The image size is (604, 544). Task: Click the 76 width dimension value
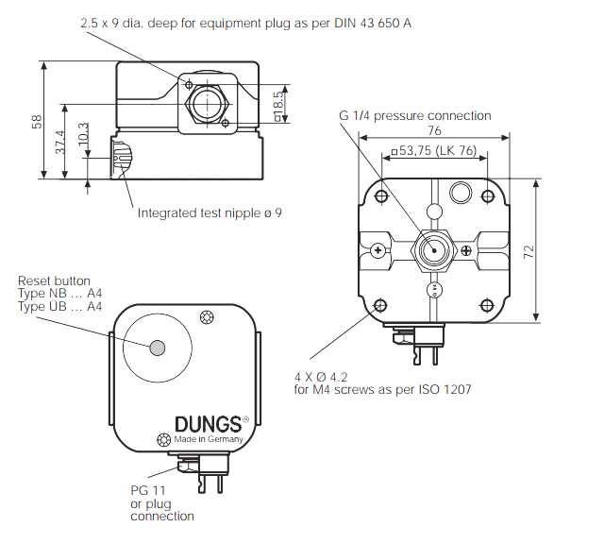click(x=434, y=131)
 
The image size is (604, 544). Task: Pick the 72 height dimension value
click(x=556, y=250)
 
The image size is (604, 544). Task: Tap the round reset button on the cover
click(x=157, y=345)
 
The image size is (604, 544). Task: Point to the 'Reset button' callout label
click(x=55, y=280)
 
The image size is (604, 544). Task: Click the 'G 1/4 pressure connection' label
click(x=415, y=116)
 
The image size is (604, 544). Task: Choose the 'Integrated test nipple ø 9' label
click(x=210, y=213)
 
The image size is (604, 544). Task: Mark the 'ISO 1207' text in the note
click(x=443, y=389)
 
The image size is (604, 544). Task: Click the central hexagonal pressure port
click(x=434, y=250)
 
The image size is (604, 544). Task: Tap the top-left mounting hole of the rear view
click(x=380, y=196)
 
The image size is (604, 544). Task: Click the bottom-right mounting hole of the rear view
click(x=488, y=305)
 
